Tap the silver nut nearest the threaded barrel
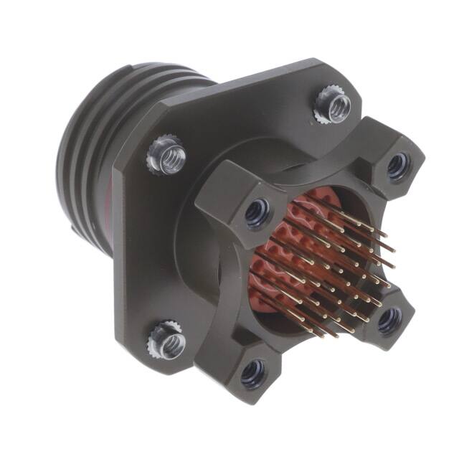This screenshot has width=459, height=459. click(166, 157)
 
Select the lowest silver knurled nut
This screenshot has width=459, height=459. click(167, 341)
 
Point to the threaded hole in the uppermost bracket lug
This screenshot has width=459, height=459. click(397, 166)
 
